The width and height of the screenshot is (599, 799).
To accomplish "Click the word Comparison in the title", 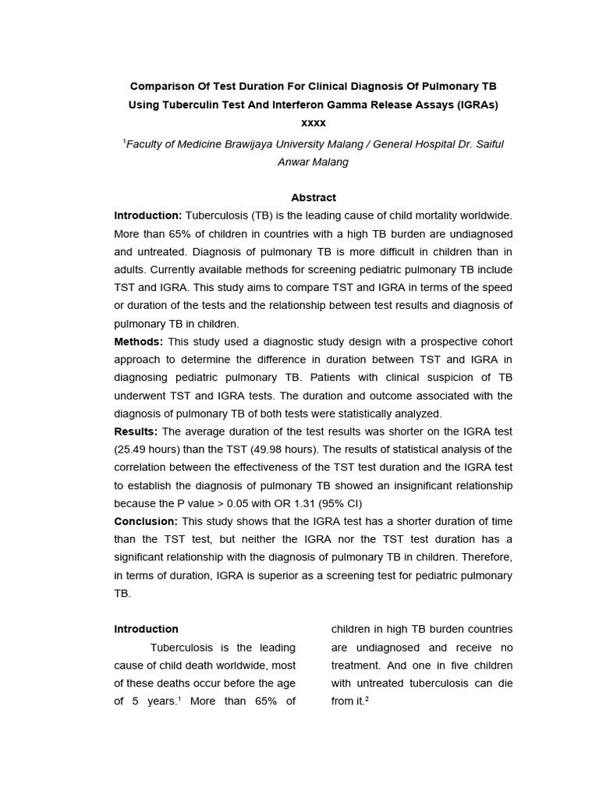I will point(161,85).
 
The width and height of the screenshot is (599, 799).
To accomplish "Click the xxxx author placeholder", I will point(313,123).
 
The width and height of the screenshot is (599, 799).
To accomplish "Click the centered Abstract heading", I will point(313,197).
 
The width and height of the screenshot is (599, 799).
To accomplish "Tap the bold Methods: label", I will point(139,342).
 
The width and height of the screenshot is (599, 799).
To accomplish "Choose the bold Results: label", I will point(136,431).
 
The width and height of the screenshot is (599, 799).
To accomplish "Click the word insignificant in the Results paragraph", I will point(412,485).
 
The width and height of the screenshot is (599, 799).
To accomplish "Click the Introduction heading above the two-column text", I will point(146,629).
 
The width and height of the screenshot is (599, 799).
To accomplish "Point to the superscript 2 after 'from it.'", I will point(366,699).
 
